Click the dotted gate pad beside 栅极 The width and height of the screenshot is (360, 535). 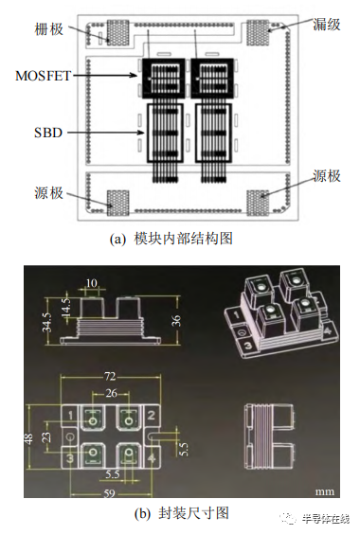pyautogui.click(x=117, y=31)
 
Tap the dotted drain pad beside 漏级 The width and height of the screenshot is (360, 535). pyautogui.click(x=261, y=31)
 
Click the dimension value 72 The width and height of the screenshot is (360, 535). pyautogui.click(x=111, y=377)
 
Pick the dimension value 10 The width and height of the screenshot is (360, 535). pyautogui.click(x=92, y=282)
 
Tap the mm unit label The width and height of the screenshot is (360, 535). pyautogui.click(x=324, y=491)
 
